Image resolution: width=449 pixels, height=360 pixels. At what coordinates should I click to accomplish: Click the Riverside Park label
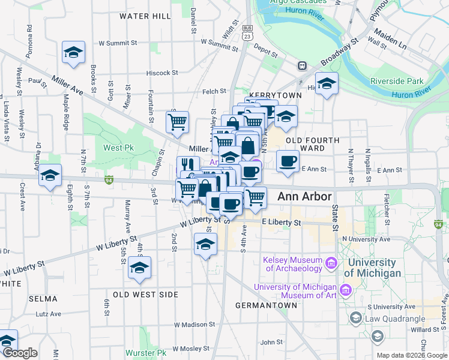[397, 81]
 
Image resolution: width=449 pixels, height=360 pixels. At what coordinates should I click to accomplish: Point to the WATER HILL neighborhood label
[145, 16]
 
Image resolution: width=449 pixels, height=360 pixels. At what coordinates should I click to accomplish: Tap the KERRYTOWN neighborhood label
[268, 96]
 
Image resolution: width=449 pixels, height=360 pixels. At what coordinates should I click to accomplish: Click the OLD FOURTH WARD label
[313, 144]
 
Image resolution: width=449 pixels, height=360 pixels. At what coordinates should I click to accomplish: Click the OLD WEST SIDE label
[145, 295]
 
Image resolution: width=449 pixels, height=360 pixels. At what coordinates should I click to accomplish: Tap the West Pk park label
[118, 148]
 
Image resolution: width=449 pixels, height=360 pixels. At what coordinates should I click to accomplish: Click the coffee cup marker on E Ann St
[288, 161]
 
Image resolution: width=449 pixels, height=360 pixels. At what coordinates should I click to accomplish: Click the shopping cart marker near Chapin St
[177, 122]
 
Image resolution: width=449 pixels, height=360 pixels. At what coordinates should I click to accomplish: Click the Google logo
[19, 353]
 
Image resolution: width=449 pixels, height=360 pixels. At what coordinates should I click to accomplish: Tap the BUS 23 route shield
[247, 32]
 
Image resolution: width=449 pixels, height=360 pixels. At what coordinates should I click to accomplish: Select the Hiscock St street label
[162, 73]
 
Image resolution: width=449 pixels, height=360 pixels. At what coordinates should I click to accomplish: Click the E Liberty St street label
[281, 222]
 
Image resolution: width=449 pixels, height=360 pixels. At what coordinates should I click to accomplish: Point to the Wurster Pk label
[146, 352]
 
